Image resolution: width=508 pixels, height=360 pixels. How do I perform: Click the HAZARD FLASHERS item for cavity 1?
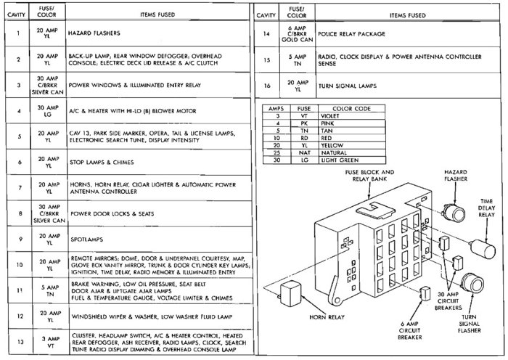[94, 33]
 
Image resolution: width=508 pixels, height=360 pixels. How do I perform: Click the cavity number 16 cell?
[266, 85]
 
